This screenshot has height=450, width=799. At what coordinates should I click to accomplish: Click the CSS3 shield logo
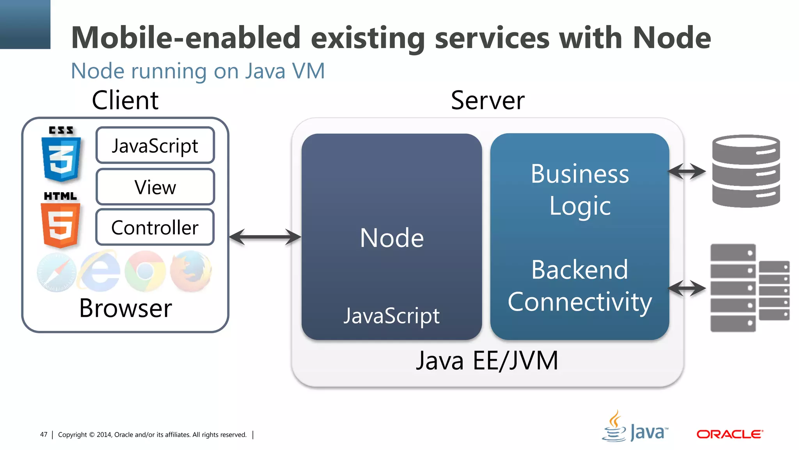pyautogui.click(x=61, y=154)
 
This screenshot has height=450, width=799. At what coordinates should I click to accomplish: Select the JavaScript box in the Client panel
pyautogui.click(x=155, y=145)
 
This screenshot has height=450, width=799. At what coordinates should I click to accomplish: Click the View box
pyautogui.click(x=155, y=187)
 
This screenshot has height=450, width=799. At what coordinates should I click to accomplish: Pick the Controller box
pyautogui.click(x=155, y=227)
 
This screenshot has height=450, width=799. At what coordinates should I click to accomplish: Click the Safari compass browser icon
pyautogui.click(x=57, y=272)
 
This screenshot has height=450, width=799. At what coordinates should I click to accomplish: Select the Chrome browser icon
pyautogui.click(x=145, y=271)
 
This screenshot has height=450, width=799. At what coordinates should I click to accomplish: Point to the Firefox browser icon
pyautogui.click(x=191, y=271)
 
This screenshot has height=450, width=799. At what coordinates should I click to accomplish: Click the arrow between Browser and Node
pyautogui.click(x=265, y=237)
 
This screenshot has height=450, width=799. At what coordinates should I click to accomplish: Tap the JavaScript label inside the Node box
pyautogui.click(x=392, y=315)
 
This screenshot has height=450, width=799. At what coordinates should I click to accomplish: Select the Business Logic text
pyautogui.click(x=580, y=189)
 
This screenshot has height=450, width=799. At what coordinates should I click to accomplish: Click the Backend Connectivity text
pyautogui.click(x=580, y=286)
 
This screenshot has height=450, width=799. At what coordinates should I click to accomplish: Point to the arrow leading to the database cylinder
pyautogui.click(x=687, y=171)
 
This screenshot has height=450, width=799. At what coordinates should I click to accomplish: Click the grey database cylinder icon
pyautogui.click(x=746, y=171)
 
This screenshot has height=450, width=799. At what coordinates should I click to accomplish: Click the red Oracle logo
pyautogui.click(x=730, y=434)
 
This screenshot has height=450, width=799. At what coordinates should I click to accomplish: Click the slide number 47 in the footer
pyautogui.click(x=44, y=434)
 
